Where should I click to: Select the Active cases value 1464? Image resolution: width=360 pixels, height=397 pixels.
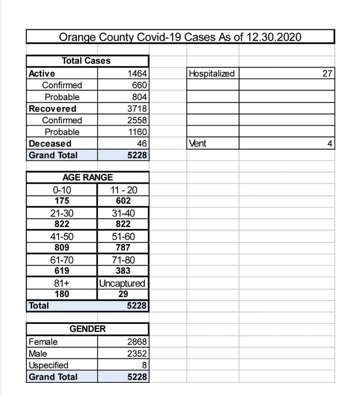coord(137,73)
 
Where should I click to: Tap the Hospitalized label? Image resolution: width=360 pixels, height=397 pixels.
coord(212,73)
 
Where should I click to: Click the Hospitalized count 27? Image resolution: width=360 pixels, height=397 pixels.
coord(327,73)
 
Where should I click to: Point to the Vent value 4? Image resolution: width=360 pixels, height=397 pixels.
coord(329,144)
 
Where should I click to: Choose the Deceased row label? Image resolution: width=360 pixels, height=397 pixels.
coord(50,144)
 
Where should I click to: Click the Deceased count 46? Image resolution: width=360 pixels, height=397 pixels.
coord(142,144)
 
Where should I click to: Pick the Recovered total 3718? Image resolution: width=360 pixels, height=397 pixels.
coord(137,109)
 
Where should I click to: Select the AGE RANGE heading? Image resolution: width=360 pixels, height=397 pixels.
coord(88,177)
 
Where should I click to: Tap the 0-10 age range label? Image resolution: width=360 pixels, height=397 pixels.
coord(62,190)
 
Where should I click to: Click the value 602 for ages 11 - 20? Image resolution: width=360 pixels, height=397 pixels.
coord(123,201)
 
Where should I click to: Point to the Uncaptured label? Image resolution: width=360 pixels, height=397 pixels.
coord(122,284)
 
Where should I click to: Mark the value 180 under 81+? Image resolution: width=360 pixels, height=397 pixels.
coord(62,294)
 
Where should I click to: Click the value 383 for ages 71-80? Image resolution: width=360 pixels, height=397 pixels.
coord(123,271)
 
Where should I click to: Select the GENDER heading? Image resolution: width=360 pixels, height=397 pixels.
coord(88,329)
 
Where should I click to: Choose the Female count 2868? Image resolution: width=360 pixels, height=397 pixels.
coord(137,342)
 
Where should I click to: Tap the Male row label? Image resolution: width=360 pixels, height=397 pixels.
coord(38,354)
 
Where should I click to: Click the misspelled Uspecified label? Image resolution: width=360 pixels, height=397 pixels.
coord(49,365)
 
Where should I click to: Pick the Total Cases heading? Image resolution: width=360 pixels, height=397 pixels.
coord(86,61)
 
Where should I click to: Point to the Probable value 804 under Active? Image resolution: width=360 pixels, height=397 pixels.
coord(139,97)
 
